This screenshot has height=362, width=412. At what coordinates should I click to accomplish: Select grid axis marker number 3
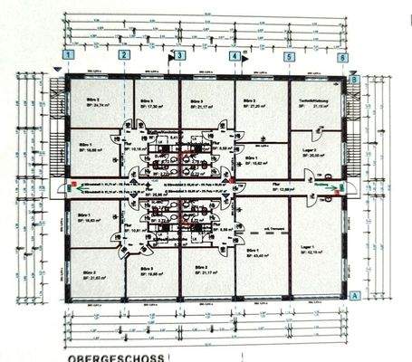click(x=179, y=56)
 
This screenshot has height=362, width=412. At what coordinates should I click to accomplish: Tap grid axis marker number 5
click(x=289, y=56)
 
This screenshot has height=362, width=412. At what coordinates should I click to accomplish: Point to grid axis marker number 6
click(x=343, y=56)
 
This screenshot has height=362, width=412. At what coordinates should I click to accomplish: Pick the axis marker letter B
click(x=354, y=80)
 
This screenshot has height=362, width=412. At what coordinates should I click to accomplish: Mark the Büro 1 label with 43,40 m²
click(x=255, y=252)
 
